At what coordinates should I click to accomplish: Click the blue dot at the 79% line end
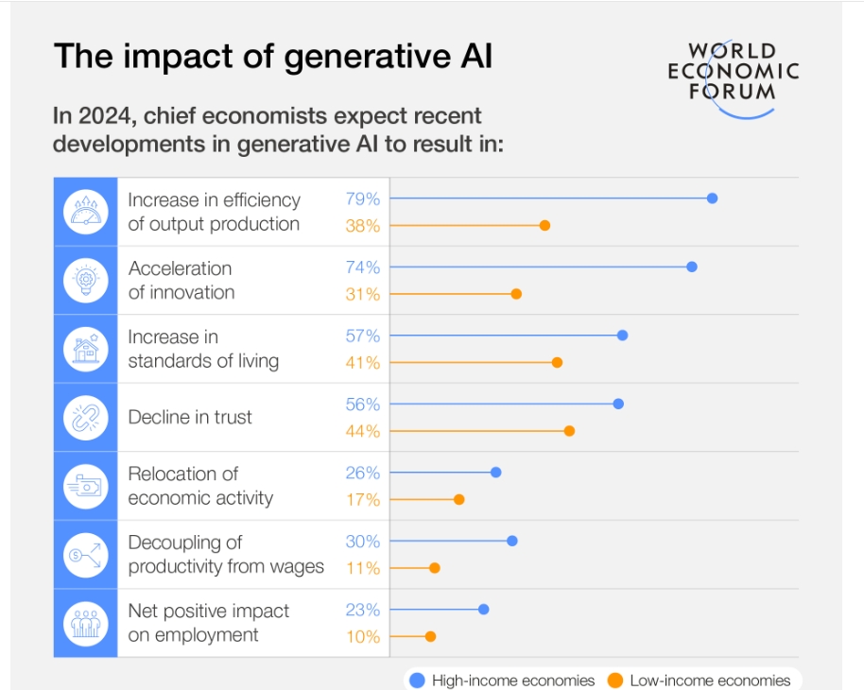click(x=712, y=198)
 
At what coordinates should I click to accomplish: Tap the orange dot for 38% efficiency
click(x=544, y=225)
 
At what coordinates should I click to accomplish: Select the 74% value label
click(x=362, y=267)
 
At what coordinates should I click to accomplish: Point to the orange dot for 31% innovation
click(x=516, y=294)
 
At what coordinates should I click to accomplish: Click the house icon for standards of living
click(x=86, y=349)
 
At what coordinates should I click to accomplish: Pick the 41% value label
click(x=362, y=363)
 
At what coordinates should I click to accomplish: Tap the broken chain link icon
click(x=86, y=418)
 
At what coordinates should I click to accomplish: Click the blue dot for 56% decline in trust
click(x=618, y=404)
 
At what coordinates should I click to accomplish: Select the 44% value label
click(x=362, y=431)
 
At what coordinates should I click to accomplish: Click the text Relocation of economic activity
click(x=200, y=486)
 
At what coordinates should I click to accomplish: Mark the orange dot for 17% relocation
click(x=459, y=499)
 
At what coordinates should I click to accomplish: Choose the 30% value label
click(x=362, y=542)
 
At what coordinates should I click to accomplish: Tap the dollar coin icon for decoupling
click(x=86, y=555)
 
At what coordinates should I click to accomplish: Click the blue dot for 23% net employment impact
click(x=484, y=610)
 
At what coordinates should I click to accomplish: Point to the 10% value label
click(x=362, y=637)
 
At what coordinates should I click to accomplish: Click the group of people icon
click(x=86, y=624)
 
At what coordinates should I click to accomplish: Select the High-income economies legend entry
click(x=503, y=680)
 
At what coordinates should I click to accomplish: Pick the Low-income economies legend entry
click(x=700, y=680)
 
